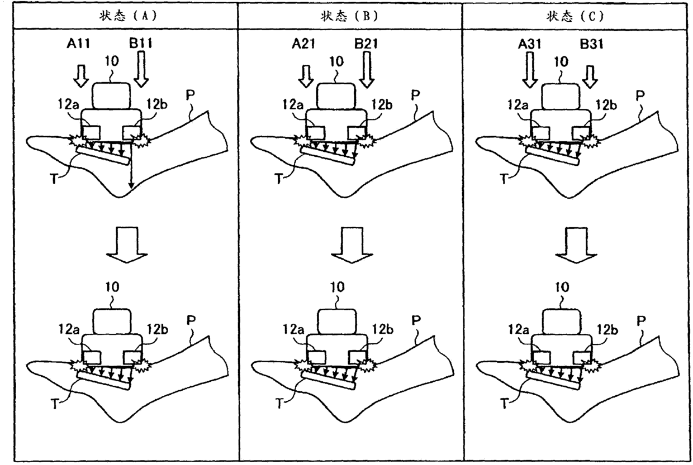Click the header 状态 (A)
[x=126, y=16]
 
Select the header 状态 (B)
[x=350, y=16]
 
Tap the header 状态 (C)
[x=576, y=16]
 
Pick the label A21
[x=305, y=41]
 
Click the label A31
[x=529, y=41]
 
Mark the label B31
[x=591, y=41]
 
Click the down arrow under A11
[x=81, y=75]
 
